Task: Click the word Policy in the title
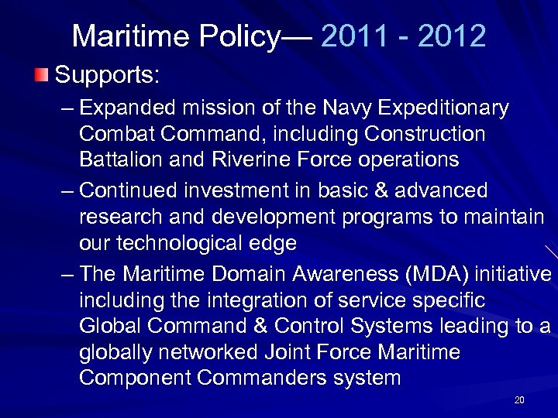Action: point(239,36)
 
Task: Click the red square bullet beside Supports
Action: point(41,76)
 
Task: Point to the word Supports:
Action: point(108,76)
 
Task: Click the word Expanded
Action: point(123,108)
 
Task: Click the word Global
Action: point(106,327)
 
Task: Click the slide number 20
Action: point(519,400)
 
